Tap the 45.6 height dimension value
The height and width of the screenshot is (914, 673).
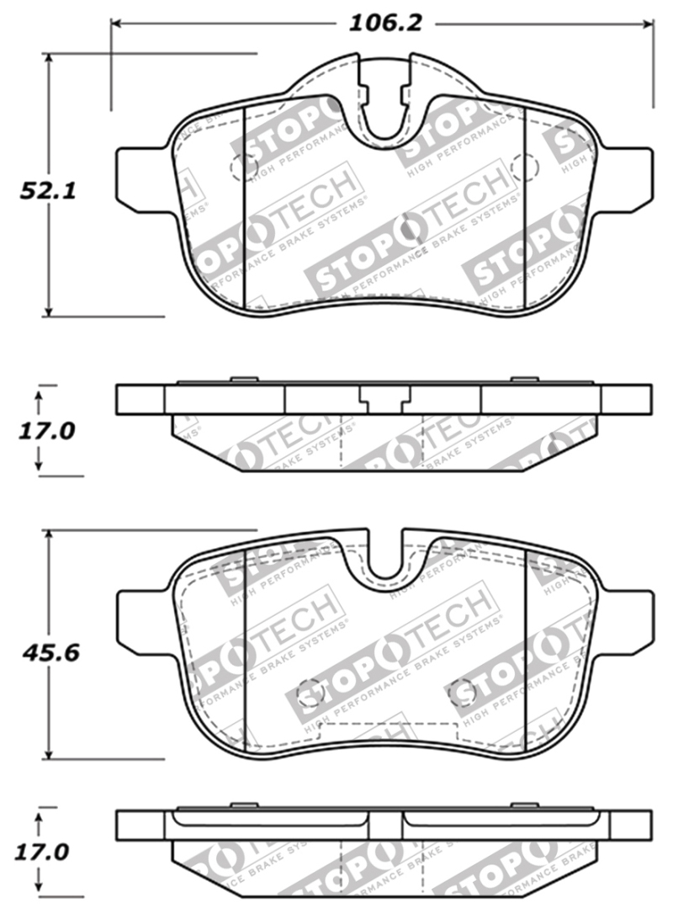pyautogui.click(x=50, y=652)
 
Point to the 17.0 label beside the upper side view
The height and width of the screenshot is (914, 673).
pyautogui.click(x=47, y=431)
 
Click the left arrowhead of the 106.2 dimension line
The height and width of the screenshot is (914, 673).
pyautogui.click(x=117, y=24)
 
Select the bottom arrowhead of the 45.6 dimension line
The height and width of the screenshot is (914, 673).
pyautogui.click(x=50, y=755)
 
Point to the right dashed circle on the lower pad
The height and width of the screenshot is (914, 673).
pyautogui.click(x=462, y=691)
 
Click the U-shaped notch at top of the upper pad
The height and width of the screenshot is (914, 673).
pyautogui.click(x=384, y=109)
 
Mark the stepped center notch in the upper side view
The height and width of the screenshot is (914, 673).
pyautogui.click(x=384, y=399)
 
